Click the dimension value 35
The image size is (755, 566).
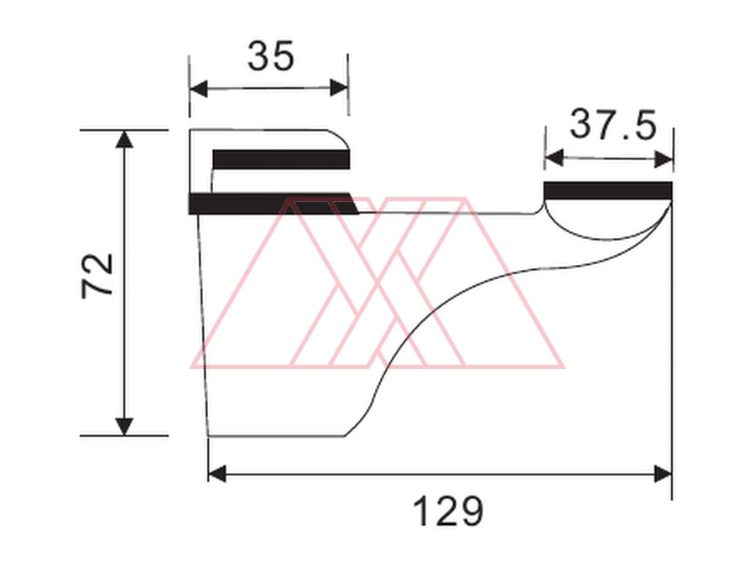[270, 56]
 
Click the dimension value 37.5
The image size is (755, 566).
[613, 125]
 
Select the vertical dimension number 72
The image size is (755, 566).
[97, 276]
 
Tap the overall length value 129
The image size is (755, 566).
[448, 511]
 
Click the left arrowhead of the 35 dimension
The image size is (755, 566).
[198, 89]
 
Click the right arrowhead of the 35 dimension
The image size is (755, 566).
[339, 88]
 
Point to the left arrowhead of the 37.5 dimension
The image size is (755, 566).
[554, 158]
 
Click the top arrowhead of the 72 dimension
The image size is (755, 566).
[125, 139]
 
